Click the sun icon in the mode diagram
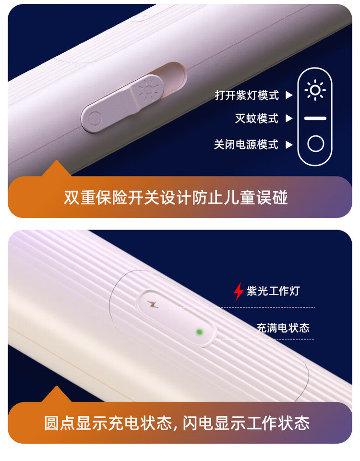[315, 90]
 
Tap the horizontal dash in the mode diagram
[315, 118]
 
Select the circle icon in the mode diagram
[316, 144]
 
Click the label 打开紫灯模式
[247, 95]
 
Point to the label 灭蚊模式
[256, 119]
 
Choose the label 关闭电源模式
[246, 145]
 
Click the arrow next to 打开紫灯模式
[289, 95]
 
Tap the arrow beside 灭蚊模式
[289, 119]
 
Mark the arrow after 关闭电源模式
[289, 145]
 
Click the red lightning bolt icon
[239, 291]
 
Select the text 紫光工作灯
[273, 291]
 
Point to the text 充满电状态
[283, 328]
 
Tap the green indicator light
[199, 332]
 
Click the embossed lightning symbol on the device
[153, 305]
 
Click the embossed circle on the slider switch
[95, 119]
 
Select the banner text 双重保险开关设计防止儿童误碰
[176, 197]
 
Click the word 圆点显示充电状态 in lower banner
[108, 423]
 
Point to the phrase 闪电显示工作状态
[246, 423]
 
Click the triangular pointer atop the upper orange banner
[56, 168]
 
